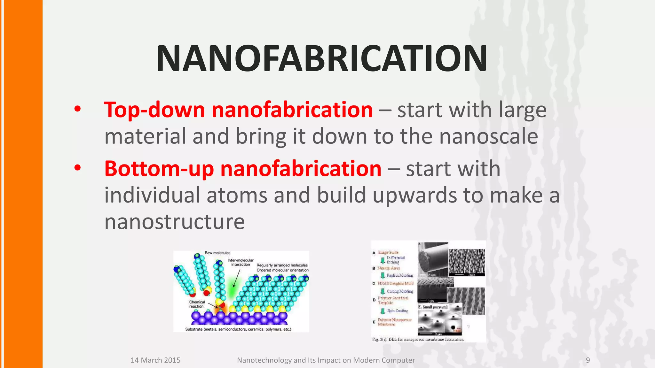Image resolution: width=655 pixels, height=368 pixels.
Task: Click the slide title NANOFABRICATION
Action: click(322, 59)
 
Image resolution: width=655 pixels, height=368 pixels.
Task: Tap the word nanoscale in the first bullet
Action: click(489, 136)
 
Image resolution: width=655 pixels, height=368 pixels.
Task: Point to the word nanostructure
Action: click(174, 222)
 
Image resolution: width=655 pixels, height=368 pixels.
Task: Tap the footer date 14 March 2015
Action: click(155, 360)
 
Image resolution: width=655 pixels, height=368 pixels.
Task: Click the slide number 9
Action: click(588, 360)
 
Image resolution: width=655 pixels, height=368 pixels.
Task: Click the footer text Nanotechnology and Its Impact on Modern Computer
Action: click(326, 360)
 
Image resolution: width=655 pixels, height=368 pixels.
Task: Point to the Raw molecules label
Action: click(217, 253)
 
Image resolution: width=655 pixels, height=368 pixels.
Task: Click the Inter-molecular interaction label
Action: click(241, 262)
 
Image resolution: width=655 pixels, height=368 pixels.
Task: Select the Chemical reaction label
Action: click(197, 304)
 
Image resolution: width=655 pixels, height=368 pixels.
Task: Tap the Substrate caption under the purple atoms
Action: click(238, 329)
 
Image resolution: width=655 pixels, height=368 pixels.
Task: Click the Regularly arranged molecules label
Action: click(282, 265)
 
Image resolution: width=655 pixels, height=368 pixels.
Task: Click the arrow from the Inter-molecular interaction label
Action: click(236, 279)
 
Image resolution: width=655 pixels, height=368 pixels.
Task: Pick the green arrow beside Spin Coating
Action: click(383, 311)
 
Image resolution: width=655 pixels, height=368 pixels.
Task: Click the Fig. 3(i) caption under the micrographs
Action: click(418, 339)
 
